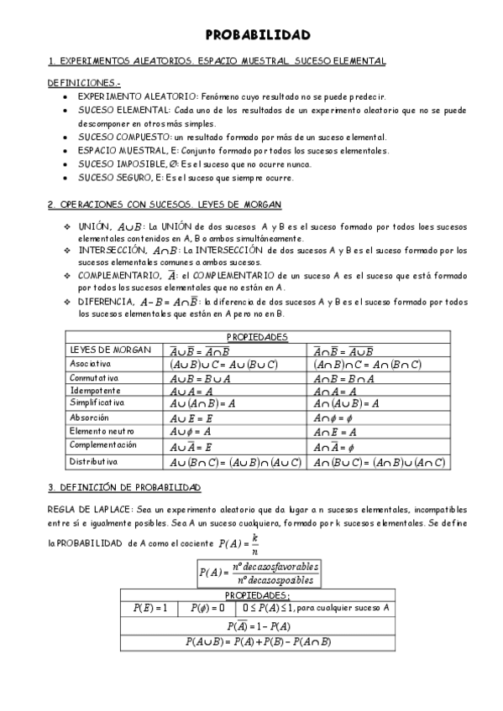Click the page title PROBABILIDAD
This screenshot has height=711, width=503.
pyautogui.click(x=258, y=35)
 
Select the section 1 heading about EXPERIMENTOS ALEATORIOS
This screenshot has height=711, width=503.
pyautogui.click(x=217, y=61)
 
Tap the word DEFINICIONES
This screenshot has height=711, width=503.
pyautogui.click(x=84, y=83)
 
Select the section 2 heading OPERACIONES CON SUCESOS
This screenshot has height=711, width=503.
pyautogui.click(x=165, y=205)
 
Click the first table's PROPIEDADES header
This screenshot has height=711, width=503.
pyautogui.click(x=257, y=337)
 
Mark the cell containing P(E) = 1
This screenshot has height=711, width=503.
pyautogui.click(x=150, y=608)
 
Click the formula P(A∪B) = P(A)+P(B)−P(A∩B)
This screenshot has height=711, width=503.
pyautogui.click(x=258, y=641)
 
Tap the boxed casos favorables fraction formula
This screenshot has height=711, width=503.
pyautogui.click(x=257, y=573)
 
